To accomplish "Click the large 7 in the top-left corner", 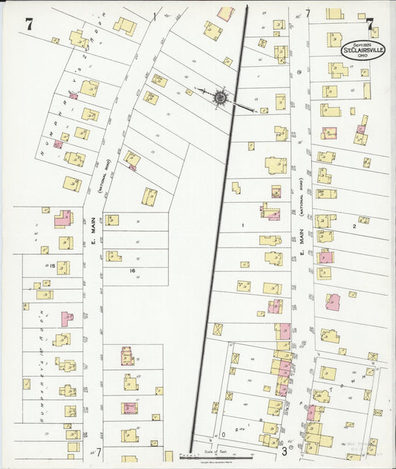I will [x=29, y=24].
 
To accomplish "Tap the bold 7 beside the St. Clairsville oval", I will [x=369, y=25].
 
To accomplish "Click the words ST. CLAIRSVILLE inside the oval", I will [x=363, y=50].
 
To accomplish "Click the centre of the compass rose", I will [x=221, y=97].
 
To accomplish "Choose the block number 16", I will [x=132, y=271].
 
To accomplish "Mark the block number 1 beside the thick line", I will [x=241, y=224].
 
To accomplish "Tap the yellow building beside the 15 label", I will [x=64, y=267].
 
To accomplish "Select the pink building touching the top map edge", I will [x=225, y=13].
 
